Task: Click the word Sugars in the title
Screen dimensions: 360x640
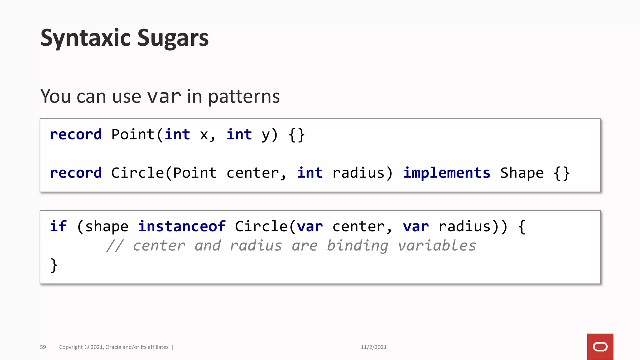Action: point(173,38)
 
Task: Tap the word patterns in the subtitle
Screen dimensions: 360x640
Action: point(244,97)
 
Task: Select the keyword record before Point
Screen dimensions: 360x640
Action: point(76,135)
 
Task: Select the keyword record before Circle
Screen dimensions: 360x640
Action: point(76,173)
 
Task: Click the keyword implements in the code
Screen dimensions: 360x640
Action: point(447,173)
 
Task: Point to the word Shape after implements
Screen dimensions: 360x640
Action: point(522,173)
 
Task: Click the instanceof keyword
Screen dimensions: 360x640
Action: point(182,227)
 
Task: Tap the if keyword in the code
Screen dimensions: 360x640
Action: point(58,227)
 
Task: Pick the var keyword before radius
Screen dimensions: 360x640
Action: point(416,227)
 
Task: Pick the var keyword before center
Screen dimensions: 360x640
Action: point(310,227)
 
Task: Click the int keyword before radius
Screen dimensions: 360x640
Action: point(310,173)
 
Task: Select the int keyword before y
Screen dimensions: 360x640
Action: point(239,135)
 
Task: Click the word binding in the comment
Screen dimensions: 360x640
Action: point(357,246)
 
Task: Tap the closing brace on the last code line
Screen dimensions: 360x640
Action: point(54,265)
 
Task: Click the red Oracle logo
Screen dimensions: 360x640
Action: point(600,347)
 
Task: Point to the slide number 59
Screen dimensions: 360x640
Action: point(43,347)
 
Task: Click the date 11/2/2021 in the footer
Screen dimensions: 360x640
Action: point(373,347)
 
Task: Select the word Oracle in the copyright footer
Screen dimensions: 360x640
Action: point(113,347)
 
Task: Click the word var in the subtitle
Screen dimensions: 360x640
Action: point(164,97)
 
